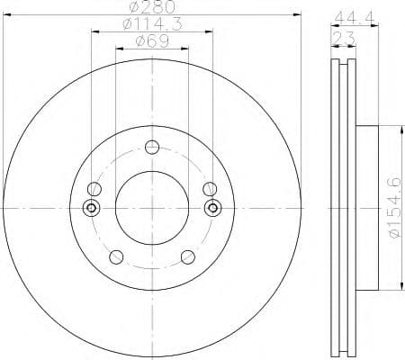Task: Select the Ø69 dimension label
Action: tap(151, 40)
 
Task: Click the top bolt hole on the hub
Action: tap(151, 148)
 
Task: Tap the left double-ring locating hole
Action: tap(89, 208)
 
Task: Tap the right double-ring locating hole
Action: tap(213, 208)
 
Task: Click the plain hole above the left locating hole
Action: tap(93, 188)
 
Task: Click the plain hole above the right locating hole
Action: tap(210, 188)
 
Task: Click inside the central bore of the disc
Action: tap(151, 208)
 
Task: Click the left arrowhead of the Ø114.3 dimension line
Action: tap(94, 33)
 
